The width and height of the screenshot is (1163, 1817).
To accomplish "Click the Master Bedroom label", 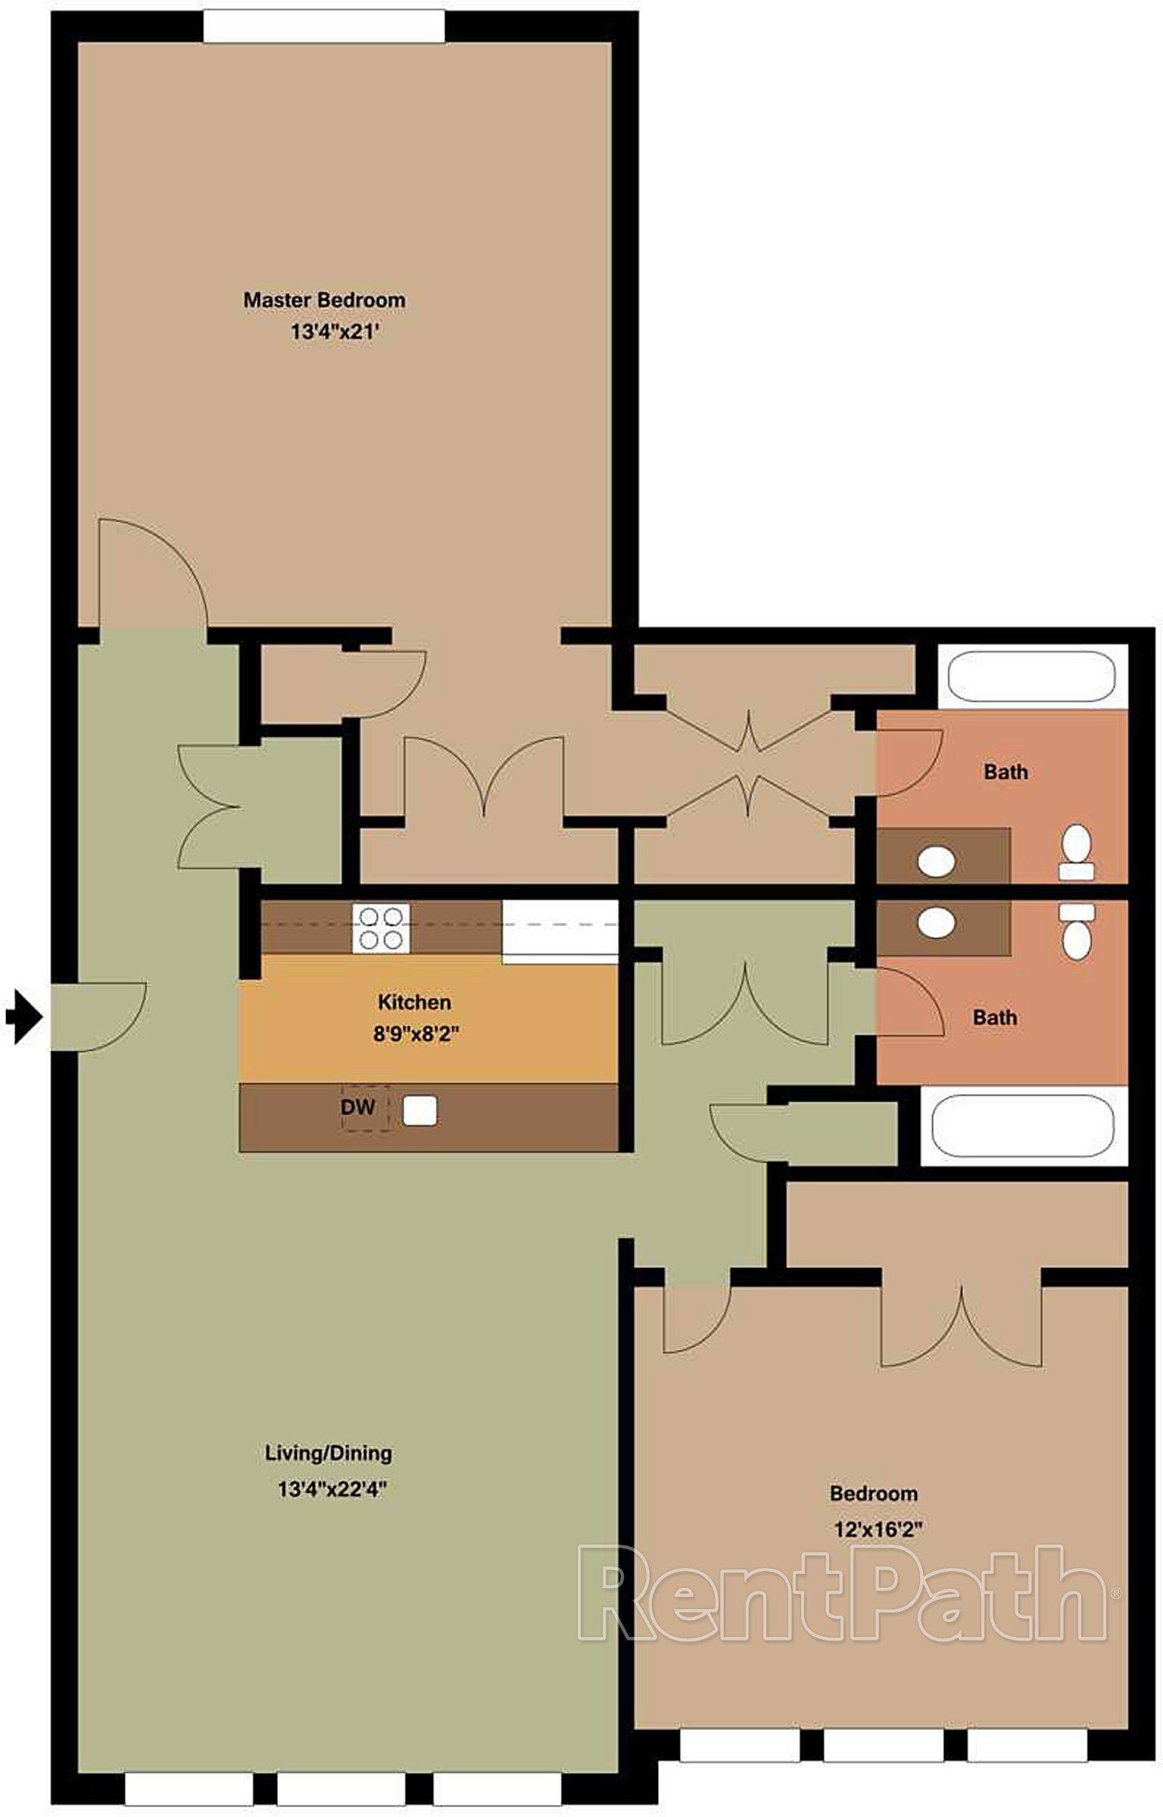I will coord(324,300).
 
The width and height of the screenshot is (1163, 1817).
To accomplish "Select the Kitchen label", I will coord(414,1002).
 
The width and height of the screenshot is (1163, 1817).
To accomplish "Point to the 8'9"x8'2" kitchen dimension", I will coord(416,1034).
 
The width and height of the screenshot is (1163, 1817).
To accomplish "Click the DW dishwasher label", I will coord(358,1107).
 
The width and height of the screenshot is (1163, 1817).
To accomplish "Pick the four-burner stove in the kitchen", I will coord(380,928).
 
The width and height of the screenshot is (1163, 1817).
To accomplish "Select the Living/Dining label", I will coord(329,1453).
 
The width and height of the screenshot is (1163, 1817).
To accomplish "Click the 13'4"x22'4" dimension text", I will coord(332,1490).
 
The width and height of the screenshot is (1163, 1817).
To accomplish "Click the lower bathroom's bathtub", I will coord(1023,1125).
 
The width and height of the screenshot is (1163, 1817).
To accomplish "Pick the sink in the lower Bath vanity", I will coord(936,923).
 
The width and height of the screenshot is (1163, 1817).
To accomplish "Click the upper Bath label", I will coord(1006,772).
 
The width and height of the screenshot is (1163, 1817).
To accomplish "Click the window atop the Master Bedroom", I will coord(324,27).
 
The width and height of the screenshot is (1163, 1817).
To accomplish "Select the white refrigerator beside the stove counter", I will coord(560,931).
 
